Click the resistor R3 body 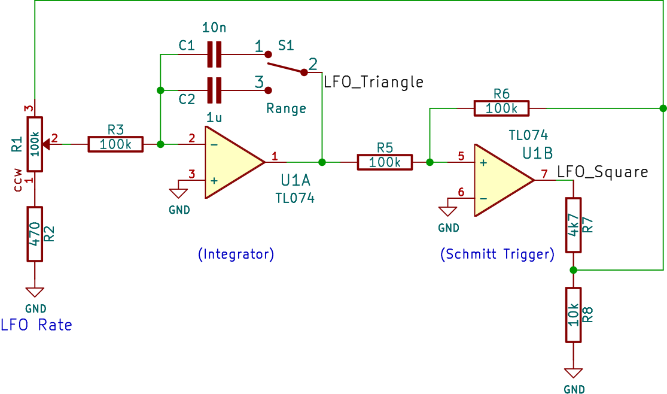click(115, 144)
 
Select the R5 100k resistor click(385, 162)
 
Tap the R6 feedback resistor click(501, 108)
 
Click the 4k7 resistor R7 click(573, 225)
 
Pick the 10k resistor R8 click(573, 314)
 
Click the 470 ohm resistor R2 click(35, 234)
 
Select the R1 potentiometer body click(35, 144)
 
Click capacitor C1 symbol click(214, 54)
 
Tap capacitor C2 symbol click(214, 90)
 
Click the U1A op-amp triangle click(230, 162)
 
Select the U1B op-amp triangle click(500, 180)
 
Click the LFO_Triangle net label click(373, 82)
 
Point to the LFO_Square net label click(602, 172)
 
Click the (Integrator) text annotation click(236, 254)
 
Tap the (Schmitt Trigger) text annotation click(497, 254)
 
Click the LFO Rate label click(36, 325)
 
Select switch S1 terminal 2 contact click(304, 72)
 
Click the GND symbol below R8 click(573, 374)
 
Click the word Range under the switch click(286, 108)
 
